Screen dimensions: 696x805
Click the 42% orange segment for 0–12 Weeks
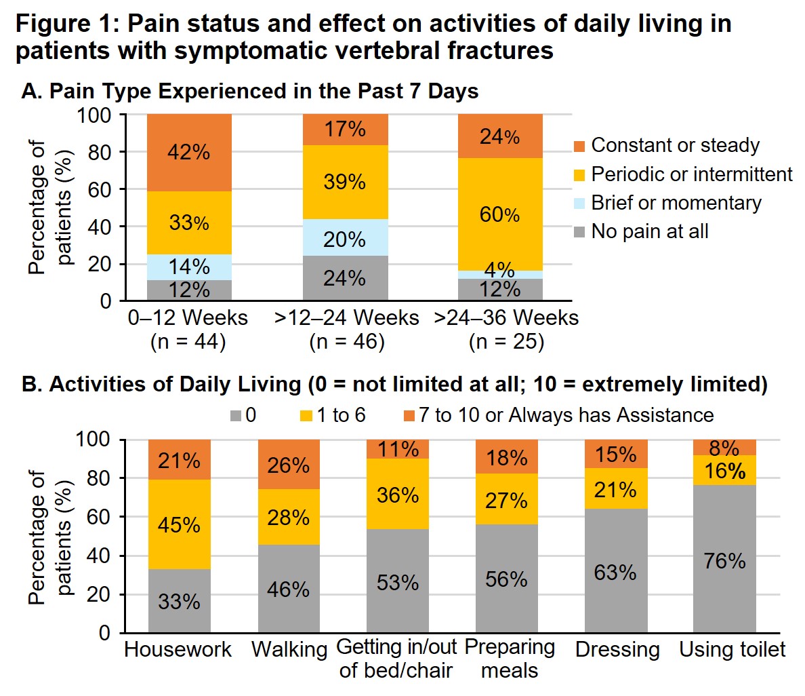[x=189, y=153]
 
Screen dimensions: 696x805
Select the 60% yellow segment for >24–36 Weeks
[x=500, y=214]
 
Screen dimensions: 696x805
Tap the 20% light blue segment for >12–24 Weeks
[x=345, y=239]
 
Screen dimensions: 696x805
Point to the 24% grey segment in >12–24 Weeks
[x=345, y=278]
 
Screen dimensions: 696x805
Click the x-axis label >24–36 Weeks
[x=506, y=318]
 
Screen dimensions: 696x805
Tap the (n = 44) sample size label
[x=188, y=341]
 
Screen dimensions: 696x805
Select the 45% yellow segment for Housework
[x=180, y=524]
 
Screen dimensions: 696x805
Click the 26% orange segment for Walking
[x=289, y=465]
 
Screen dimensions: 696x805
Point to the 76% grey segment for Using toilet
[x=724, y=561]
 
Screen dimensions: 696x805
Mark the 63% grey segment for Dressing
[x=615, y=572]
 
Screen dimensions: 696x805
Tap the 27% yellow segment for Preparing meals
[x=507, y=501]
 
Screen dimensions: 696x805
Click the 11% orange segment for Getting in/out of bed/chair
[x=398, y=449]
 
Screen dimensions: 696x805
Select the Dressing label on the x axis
[x=617, y=650]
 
